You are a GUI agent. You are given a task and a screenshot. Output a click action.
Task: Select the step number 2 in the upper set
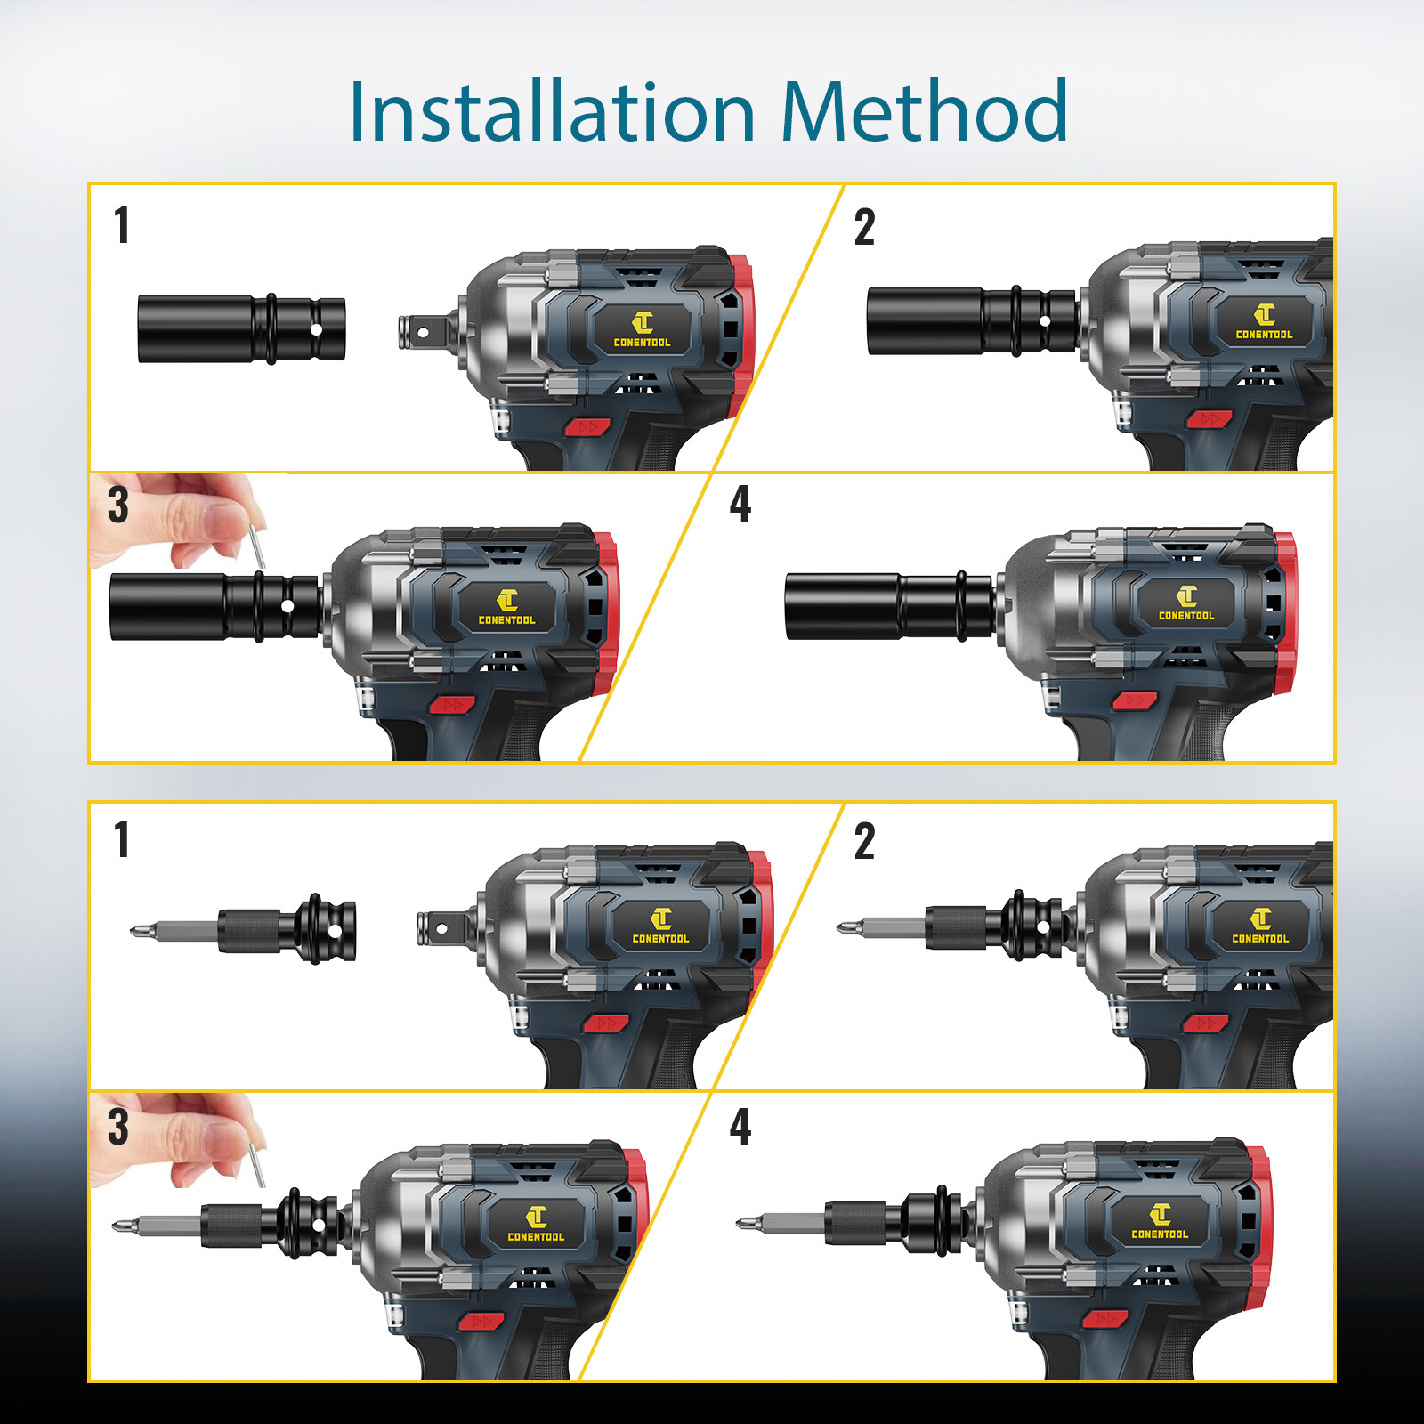(x=864, y=227)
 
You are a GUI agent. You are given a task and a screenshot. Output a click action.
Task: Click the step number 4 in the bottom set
(x=740, y=1127)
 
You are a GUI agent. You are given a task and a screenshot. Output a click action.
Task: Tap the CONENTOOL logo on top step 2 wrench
(x=1264, y=322)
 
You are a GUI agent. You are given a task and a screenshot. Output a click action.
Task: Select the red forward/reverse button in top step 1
(x=587, y=427)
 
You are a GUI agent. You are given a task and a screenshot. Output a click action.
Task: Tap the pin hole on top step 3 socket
(x=287, y=607)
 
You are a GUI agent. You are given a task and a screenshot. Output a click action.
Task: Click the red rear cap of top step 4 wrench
(x=1284, y=614)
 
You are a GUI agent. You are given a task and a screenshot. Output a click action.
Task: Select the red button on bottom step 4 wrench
(x=1104, y=1318)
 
